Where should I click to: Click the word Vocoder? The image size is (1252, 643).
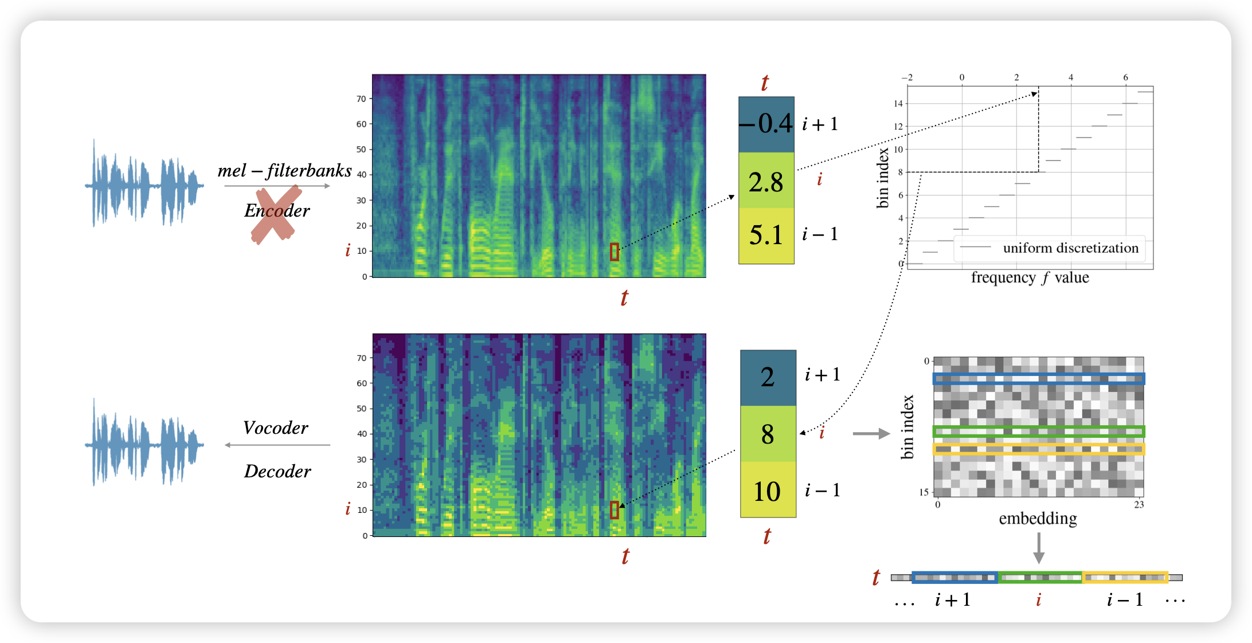tap(275, 428)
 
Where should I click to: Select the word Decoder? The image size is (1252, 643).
tap(277, 471)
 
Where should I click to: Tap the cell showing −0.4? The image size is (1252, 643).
tap(766, 124)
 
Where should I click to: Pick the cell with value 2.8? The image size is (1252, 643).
tap(766, 181)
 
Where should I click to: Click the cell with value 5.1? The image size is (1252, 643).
tap(766, 235)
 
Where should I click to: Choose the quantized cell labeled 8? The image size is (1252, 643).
tap(768, 434)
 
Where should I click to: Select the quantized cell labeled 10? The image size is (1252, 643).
tap(768, 491)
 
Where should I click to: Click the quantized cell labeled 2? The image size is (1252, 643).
tap(768, 378)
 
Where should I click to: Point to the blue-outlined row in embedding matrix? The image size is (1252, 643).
tap(1038, 379)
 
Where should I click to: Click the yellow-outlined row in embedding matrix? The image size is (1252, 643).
tap(1038, 449)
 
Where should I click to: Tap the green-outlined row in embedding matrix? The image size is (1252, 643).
tap(1038, 431)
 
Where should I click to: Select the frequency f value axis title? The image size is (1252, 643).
tap(1030, 278)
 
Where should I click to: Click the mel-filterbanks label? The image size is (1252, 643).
tap(284, 171)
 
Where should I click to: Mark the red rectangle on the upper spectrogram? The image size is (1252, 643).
tap(615, 252)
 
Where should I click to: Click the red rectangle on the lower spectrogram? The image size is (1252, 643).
tap(615, 510)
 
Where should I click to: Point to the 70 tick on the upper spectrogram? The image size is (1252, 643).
tap(361, 99)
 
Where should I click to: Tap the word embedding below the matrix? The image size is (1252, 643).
tap(1038, 519)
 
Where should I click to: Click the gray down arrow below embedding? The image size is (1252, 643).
tap(1039, 548)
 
